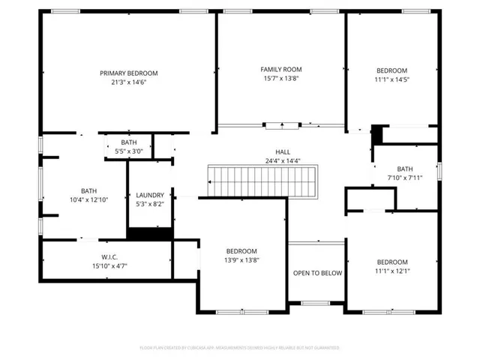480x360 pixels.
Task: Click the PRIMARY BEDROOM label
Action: [129, 73]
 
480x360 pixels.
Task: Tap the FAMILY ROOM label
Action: [281, 69]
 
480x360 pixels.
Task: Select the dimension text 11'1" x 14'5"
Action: [391, 79]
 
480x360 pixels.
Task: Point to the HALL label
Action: [282, 151]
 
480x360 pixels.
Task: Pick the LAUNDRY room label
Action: [149, 195]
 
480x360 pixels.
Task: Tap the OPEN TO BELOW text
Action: [317, 273]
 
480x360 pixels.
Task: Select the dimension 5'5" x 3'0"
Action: [129, 151]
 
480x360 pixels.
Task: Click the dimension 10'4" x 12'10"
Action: [89, 200]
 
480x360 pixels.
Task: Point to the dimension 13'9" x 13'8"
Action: [241, 260]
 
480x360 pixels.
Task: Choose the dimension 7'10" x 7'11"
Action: [405, 178]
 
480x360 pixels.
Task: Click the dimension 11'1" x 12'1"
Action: [391, 271]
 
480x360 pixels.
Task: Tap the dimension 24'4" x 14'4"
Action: [282, 160]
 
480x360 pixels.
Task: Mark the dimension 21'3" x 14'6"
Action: [129, 82]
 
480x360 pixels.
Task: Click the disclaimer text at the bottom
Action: [239, 348]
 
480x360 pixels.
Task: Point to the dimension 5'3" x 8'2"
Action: [149, 204]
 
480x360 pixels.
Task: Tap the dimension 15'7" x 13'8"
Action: [281, 78]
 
